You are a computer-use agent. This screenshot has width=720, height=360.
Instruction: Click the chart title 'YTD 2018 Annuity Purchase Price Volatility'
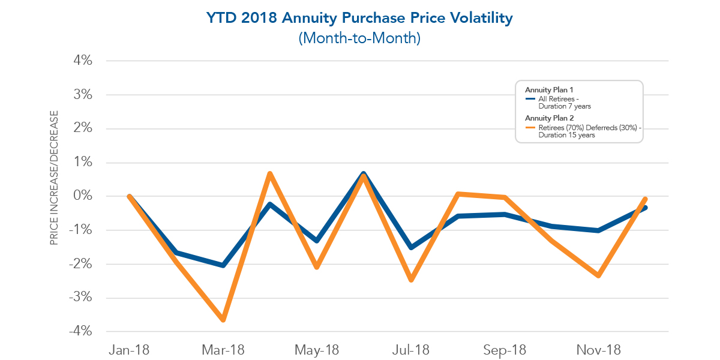pyautogui.click(x=359, y=18)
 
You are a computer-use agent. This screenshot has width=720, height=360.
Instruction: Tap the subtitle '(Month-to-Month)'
pyautogui.click(x=359, y=38)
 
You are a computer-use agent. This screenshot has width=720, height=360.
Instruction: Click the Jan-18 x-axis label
pyautogui.click(x=129, y=350)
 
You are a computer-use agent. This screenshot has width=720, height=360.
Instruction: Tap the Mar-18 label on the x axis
pyautogui.click(x=223, y=350)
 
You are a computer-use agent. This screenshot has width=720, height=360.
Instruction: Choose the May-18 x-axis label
pyautogui.click(x=317, y=350)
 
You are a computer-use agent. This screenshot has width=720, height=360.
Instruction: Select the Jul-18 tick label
pyautogui.click(x=411, y=350)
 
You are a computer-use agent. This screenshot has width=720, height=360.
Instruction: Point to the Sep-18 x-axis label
pyautogui.click(x=505, y=350)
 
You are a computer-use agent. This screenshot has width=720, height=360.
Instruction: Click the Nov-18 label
pyautogui.click(x=598, y=350)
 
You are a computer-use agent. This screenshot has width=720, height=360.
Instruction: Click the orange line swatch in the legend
pyautogui.click(x=530, y=127)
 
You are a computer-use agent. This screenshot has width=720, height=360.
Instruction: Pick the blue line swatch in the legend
pyautogui.click(x=530, y=99)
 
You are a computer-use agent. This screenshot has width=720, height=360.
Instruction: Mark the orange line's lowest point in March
pyautogui.click(x=223, y=320)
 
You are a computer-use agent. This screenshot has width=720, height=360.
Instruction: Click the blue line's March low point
pyautogui.click(x=223, y=265)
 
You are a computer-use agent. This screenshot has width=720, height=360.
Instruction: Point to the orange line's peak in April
pyautogui.click(x=270, y=174)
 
